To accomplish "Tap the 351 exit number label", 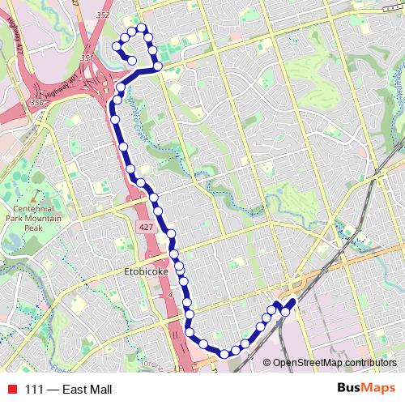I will coord(87,58).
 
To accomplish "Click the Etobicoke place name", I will coord(147,273).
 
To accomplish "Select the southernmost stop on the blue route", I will coord(224,353).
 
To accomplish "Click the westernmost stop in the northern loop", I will coord(116,48).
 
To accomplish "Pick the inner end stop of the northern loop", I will coord(132,59).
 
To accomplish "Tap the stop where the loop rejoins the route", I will coord(158,66).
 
